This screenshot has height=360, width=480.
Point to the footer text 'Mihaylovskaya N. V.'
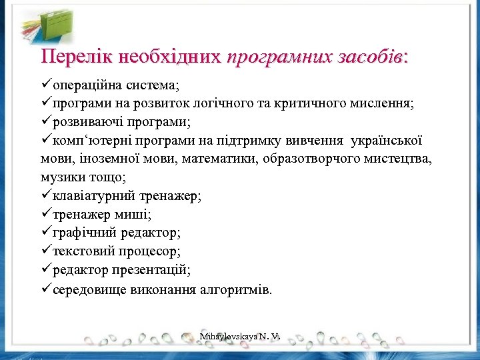239,338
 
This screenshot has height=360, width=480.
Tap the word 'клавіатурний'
93,196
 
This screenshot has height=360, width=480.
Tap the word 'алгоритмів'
238,291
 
